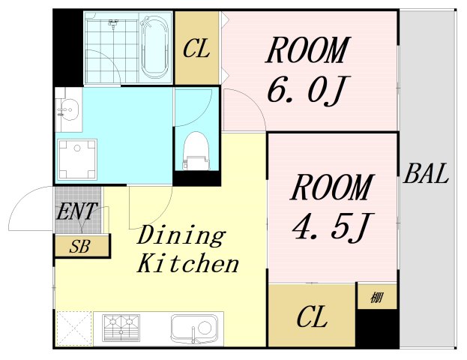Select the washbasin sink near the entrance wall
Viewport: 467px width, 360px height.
68,109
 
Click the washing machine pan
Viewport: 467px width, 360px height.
77,159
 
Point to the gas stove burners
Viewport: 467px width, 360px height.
121,328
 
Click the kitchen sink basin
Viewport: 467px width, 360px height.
194,328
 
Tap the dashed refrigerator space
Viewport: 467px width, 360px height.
74,328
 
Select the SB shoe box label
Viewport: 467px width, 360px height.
79,247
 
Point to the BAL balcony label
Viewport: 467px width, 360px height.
426,173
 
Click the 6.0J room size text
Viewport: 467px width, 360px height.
309,89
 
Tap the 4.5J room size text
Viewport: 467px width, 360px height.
331,226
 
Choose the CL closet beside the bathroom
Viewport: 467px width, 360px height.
196,49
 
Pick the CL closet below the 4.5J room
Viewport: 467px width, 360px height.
312,316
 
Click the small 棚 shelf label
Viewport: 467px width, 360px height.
377,298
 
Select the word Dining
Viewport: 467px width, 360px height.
181,235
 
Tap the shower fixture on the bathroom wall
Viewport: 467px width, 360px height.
113,23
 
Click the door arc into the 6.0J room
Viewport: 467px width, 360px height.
253,101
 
